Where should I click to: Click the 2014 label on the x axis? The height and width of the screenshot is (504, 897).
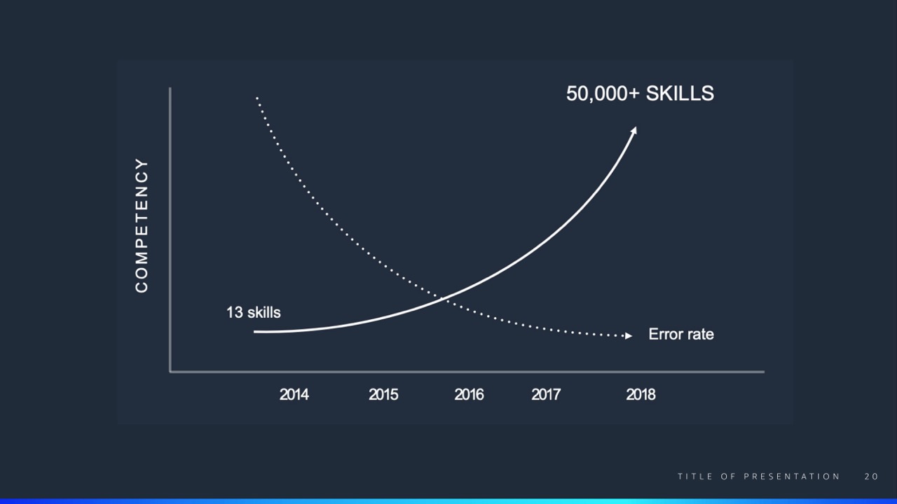(294, 395)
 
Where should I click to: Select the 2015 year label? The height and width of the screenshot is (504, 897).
(383, 395)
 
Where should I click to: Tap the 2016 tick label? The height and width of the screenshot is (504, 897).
(469, 395)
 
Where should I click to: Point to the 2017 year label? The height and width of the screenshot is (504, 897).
(546, 395)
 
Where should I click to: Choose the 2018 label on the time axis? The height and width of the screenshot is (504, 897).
(641, 395)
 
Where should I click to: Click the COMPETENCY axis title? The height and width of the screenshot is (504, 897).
(142, 225)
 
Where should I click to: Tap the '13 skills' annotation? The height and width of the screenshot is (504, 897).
(254, 312)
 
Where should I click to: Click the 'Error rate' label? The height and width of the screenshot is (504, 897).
(681, 335)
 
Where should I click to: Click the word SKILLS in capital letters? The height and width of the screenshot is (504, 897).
(680, 93)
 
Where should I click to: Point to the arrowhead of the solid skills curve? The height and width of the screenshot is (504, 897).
(634, 131)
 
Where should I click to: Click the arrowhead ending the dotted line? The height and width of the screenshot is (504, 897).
(629, 336)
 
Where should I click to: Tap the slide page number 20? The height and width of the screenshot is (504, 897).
(871, 477)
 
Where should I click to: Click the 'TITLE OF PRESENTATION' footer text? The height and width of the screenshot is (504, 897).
(759, 477)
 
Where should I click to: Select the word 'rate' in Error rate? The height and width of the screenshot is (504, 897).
(699, 335)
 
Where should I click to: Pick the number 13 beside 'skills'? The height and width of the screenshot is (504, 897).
(235, 312)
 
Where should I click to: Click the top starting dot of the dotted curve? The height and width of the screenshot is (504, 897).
(256, 97)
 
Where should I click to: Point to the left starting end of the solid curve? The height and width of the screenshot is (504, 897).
(254, 332)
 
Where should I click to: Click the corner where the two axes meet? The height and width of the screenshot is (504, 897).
(170, 372)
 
